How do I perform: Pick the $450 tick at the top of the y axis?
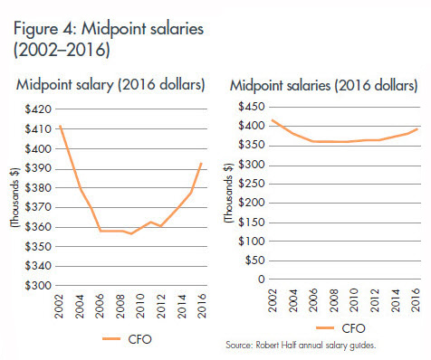click(x=253, y=106)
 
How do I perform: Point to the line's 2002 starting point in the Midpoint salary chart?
click(x=61, y=126)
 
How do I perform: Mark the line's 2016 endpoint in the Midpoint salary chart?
click(x=200, y=164)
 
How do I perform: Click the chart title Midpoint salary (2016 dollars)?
click(x=110, y=86)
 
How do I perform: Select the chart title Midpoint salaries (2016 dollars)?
click(x=323, y=86)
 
